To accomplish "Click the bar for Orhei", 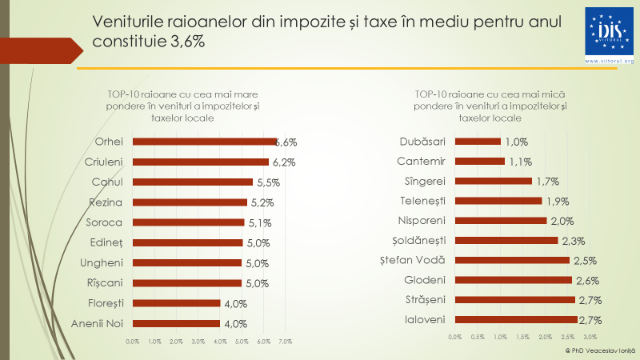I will tap(204, 142).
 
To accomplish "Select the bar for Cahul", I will tap(192, 182).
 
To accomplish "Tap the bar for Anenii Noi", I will tap(176, 323).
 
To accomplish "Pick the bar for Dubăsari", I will tap(478, 142).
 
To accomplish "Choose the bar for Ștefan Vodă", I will tap(512, 259).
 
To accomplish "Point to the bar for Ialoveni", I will tap(515, 319).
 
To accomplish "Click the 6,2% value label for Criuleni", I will tap(283, 162).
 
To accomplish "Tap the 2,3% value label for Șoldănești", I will tap(571, 240).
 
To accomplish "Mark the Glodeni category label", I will tap(424, 279).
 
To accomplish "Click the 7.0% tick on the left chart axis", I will tap(285, 342).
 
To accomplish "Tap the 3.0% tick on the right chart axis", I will tap(591, 338).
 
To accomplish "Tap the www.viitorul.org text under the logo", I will tap(609, 61).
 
